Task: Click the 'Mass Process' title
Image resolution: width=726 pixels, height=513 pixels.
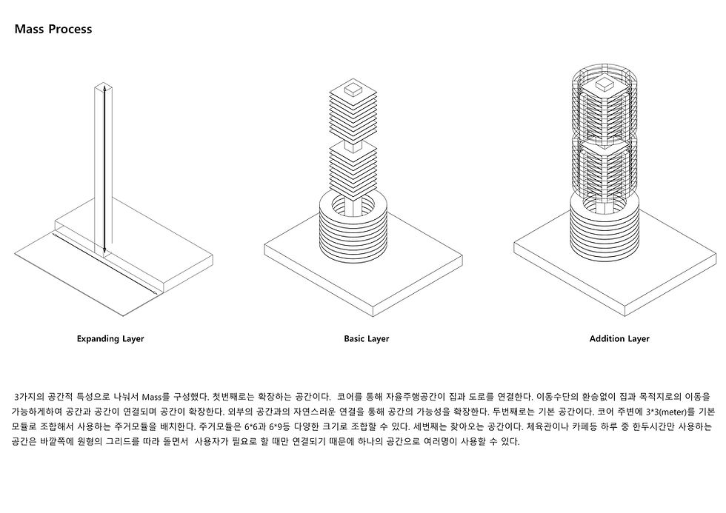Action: click(53, 29)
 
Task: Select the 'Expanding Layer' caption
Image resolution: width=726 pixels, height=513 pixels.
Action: click(110, 338)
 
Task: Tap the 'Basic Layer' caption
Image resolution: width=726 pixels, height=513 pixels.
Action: click(366, 338)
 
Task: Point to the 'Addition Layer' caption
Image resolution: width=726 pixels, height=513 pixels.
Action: click(619, 338)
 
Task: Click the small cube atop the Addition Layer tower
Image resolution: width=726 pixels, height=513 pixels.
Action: click(604, 84)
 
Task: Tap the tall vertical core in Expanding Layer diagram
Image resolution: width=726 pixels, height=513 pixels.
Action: click(104, 169)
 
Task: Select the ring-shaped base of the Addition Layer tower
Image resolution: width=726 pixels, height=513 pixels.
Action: click(605, 227)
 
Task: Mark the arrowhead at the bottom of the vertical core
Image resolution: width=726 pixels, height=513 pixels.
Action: click(104, 251)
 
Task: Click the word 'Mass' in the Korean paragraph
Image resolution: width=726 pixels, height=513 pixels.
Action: click(152, 397)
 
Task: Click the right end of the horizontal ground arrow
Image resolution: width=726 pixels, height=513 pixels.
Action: click(156, 294)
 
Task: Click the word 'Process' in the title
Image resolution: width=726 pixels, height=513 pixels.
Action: click(70, 29)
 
